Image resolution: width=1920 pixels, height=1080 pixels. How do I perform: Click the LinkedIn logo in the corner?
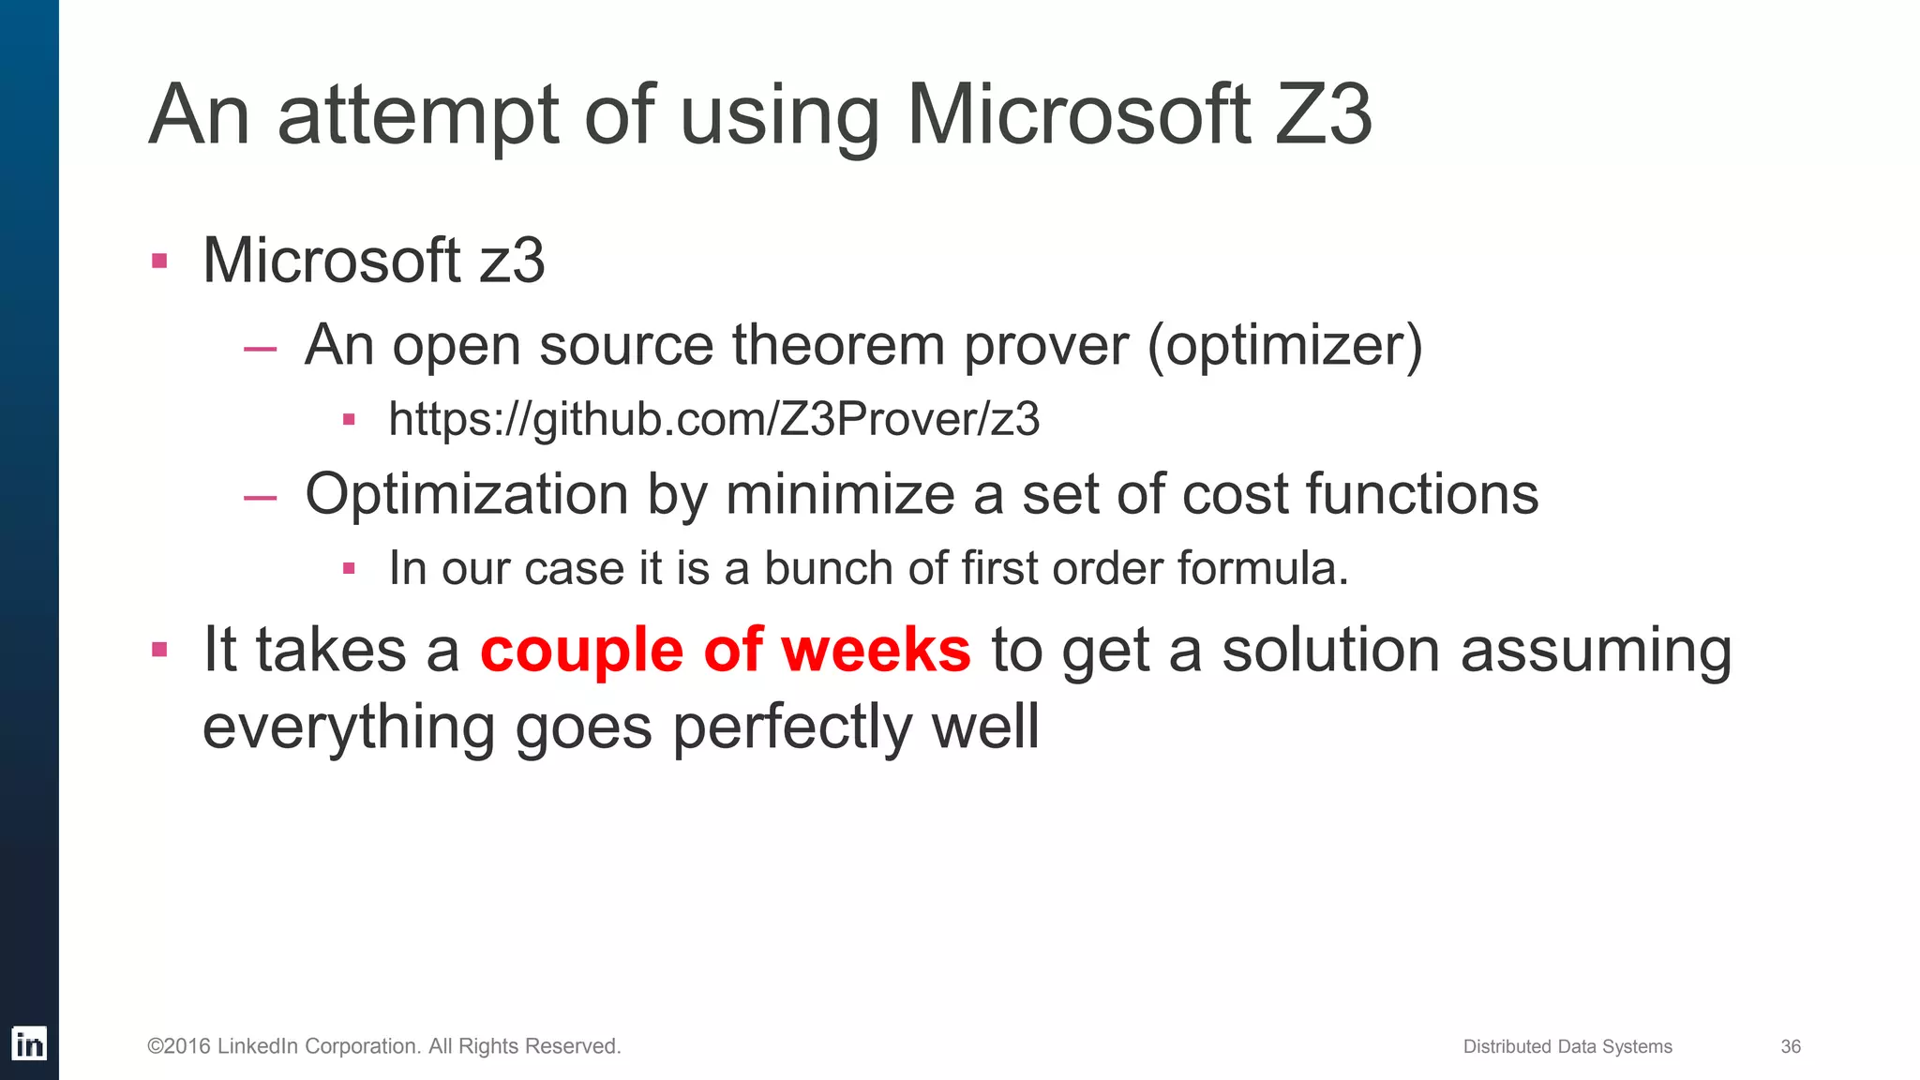pos(29,1043)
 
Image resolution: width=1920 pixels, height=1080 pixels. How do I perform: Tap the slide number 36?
pos(1791,1046)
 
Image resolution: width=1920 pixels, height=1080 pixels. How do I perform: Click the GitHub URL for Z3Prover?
pos(713,419)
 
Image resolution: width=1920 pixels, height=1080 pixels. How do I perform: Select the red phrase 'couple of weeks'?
pos(725,650)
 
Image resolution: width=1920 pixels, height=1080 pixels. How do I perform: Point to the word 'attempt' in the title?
pos(418,116)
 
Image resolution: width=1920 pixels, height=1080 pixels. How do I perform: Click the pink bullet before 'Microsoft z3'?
pos(159,261)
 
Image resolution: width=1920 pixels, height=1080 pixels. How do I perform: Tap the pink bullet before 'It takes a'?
pos(159,649)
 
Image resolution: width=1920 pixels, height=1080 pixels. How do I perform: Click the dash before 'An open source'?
pos(260,349)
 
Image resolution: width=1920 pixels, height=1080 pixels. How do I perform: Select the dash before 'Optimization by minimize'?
pos(260,498)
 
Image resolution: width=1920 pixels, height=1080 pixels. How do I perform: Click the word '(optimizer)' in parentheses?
pos(1284,346)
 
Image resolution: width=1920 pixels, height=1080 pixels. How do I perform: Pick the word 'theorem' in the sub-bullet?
pos(838,344)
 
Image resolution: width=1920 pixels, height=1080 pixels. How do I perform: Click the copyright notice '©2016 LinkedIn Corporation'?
pos(383,1046)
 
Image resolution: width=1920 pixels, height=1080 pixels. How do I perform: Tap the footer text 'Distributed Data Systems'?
pos(1567,1046)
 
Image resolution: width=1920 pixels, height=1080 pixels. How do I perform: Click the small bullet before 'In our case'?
pos(349,568)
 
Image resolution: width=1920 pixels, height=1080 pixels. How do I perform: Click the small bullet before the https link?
pos(349,419)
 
